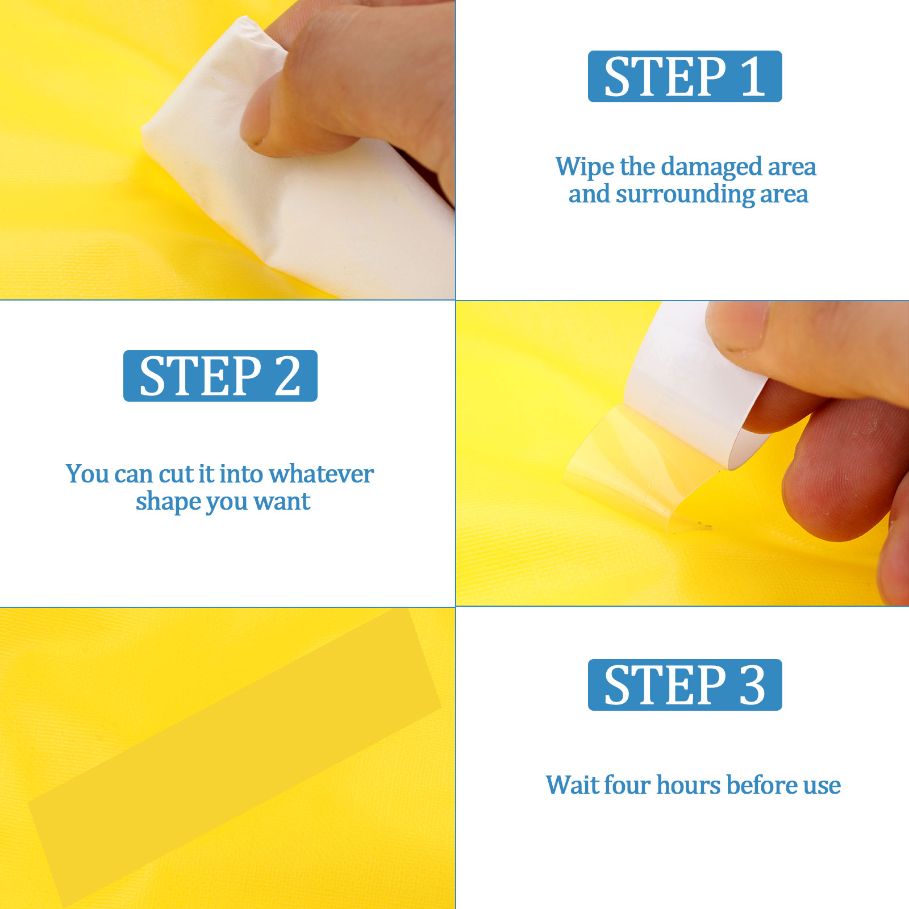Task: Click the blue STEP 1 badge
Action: tap(685, 76)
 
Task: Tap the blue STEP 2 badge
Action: tap(220, 376)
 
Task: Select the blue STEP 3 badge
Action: tap(685, 685)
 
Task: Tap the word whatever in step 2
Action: tap(321, 474)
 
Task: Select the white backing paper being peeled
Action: tap(693, 386)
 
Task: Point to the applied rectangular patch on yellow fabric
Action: tap(235, 758)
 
